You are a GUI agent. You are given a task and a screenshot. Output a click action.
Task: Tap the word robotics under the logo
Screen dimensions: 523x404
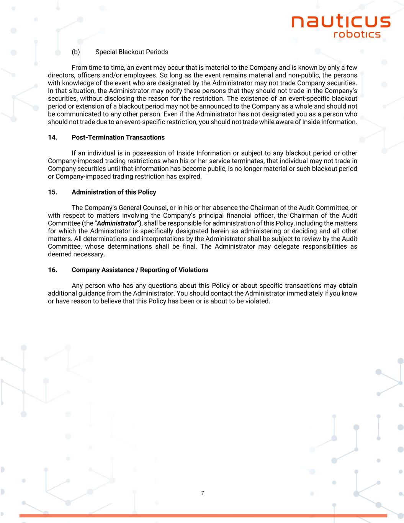(357, 34)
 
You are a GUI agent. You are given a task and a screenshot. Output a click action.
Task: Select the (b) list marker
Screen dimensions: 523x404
(76, 52)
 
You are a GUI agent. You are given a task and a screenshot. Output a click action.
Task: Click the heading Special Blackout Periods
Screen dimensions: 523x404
(132, 52)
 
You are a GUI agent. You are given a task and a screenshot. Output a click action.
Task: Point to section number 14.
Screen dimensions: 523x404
(52, 138)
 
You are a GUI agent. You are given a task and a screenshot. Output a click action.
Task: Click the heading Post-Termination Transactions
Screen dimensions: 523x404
(118, 138)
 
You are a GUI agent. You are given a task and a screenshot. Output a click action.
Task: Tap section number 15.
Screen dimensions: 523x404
(52, 192)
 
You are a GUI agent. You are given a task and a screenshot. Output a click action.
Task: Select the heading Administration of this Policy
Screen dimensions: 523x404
(114, 192)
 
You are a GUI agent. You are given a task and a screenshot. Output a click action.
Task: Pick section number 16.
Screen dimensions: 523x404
(52, 270)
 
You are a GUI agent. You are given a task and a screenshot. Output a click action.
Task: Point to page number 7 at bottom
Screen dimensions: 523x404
(202, 493)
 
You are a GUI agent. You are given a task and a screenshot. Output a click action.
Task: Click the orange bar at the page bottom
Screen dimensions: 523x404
(203, 516)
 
